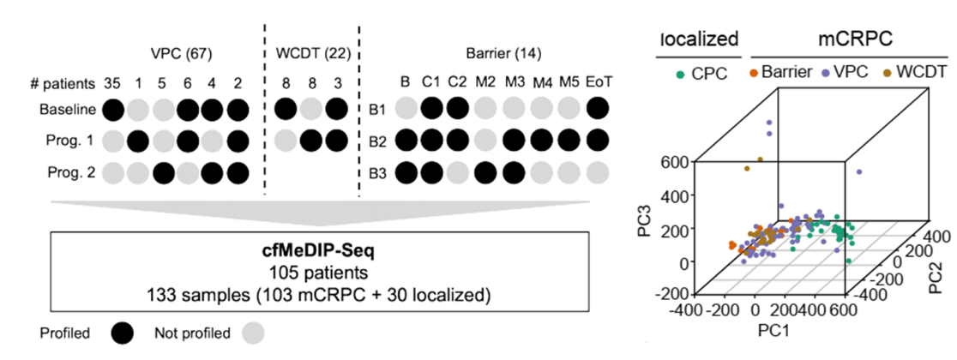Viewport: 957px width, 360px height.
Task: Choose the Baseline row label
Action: (68, 109)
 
